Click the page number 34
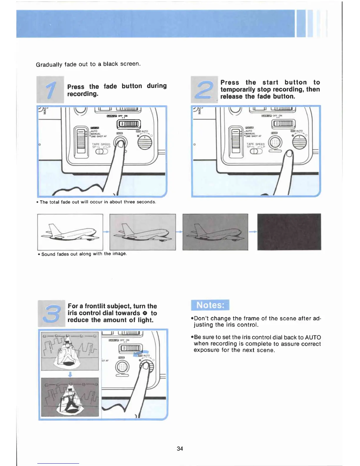(x=180, y=448)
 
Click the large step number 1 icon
(x=50, y=90)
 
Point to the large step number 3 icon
(x=51, y=313)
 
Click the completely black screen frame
(x=289, y=232)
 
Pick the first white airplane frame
(x=70, y=232)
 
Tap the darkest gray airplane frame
(x=215, y=232)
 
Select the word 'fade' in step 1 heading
(x=110, y=86)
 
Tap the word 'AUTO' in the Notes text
(x=313, y=337)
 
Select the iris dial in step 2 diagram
(x=299, y=143)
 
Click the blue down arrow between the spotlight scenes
(x=70, y=374)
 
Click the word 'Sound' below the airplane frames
(x=48, y=254)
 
